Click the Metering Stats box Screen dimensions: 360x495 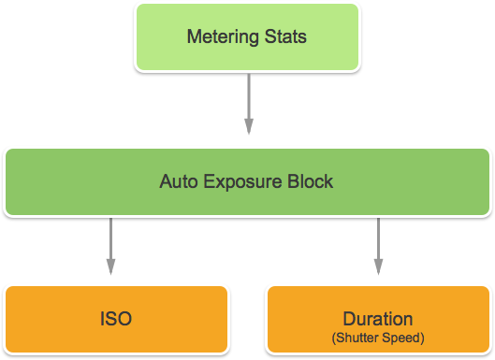(247, 37)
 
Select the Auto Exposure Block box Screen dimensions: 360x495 (247, 181)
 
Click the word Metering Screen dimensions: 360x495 (221, 38)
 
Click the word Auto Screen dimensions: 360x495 (177, 181)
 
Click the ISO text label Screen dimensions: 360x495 (116, 319)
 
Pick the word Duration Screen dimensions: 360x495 (378, 318)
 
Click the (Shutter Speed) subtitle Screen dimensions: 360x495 (378, 337)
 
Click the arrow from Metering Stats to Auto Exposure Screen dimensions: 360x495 (249, 103)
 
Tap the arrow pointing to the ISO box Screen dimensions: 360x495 (110, 245)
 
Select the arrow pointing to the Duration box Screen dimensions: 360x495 (378, 245)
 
